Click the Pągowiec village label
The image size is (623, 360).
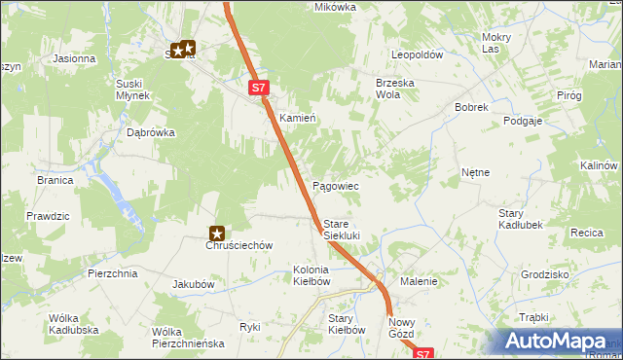[x=335, y=186]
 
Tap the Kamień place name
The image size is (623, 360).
[x=298, y=118]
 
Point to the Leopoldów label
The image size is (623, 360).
[x=417, y=55]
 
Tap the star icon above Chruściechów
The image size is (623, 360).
[x=218, y=234]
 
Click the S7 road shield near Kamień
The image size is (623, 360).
[x=257, y=88]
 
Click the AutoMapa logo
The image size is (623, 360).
[x=554, y=342]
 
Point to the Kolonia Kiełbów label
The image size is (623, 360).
[x=311, y=275]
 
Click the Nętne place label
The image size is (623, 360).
[x=475, y=172]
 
